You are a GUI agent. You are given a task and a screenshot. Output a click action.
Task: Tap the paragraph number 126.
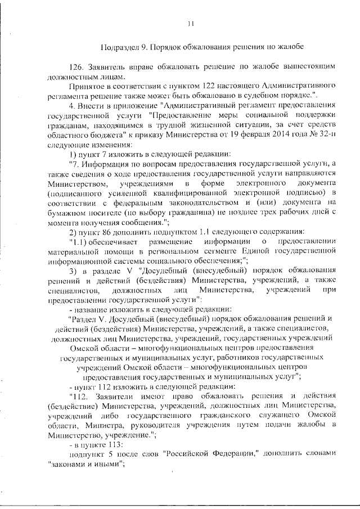pos(77,67)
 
